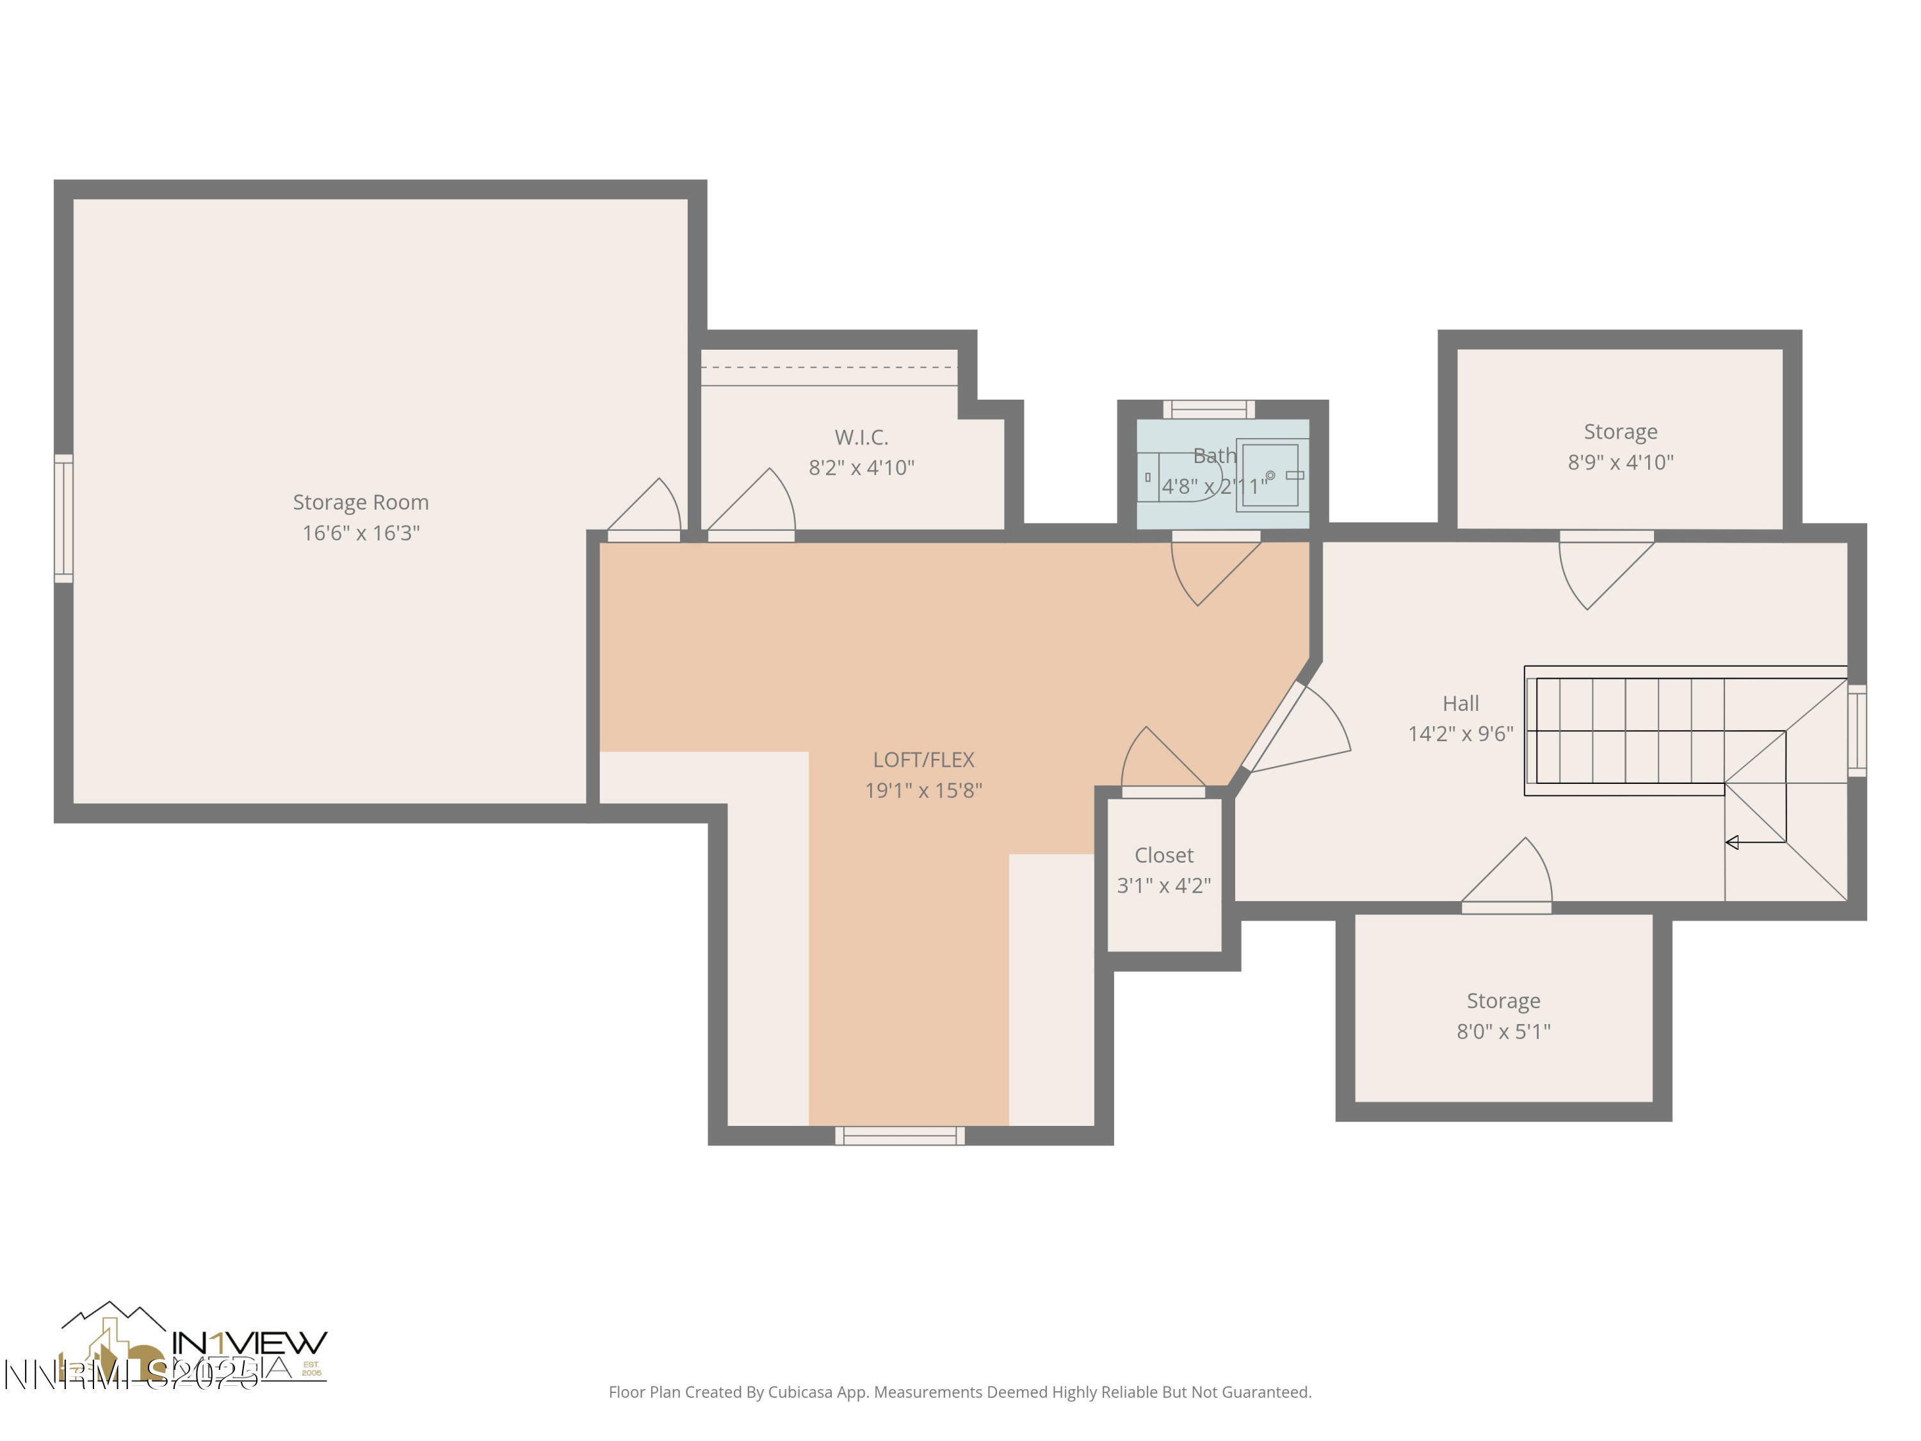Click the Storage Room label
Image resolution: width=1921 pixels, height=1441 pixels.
[x=361, y=502]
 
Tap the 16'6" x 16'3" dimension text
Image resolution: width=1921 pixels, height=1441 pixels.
[x=361, y=532]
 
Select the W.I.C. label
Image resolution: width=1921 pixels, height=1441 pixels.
[x=861, y=437]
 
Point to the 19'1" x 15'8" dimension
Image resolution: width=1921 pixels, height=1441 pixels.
[x=923, y=790]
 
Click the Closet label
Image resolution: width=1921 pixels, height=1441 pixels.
[x=1163, y=856]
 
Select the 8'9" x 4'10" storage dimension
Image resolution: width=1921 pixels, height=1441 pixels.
[x=1619, y=462]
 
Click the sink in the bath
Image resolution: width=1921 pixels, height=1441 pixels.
[x=1270, y=475]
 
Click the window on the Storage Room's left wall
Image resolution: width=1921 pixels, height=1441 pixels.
[x=63, y=517]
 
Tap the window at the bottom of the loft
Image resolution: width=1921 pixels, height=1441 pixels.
[x=900, y=1136]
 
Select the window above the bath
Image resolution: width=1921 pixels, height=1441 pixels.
[x=1208, y=409]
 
